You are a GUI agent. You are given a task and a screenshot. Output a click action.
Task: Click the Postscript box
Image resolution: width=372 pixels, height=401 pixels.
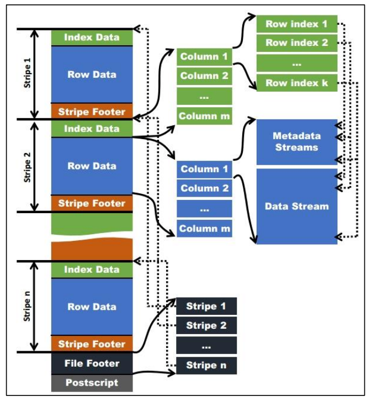(92, 382)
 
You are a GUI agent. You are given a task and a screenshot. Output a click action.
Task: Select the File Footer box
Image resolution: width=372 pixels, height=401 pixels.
(92, 363)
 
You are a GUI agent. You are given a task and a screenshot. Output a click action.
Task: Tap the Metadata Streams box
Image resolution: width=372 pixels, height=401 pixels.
(296, 142)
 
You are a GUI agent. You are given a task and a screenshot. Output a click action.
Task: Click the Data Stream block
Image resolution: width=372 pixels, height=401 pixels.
(296, 206)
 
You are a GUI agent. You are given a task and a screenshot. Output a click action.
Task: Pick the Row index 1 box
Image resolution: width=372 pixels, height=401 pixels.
(296, 24)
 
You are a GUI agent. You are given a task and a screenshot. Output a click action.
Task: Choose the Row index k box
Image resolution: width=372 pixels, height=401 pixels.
(296, 83)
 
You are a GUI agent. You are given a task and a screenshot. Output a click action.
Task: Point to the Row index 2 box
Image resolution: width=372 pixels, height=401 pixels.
(296, 43)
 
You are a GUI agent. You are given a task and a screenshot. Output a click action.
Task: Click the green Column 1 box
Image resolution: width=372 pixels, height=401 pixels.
(204, 56)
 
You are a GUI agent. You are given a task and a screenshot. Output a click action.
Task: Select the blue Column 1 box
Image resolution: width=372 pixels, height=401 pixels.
(204, 169)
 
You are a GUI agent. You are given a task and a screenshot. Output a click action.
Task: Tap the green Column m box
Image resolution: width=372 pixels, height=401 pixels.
(204, 116)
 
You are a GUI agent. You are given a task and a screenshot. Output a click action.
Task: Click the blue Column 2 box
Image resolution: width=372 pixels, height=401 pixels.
(204, 188)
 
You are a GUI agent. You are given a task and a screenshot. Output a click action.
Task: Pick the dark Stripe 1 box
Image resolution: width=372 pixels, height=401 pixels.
(206, 306)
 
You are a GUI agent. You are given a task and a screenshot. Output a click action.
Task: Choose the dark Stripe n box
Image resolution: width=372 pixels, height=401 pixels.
(206, 365)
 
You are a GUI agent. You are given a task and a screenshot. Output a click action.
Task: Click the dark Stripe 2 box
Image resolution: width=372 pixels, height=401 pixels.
(206, 325)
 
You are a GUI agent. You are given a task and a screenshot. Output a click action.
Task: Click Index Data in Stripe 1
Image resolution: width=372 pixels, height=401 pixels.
(92, 38)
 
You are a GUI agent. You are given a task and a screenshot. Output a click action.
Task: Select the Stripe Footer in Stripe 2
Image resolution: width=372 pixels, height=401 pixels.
(92, 203)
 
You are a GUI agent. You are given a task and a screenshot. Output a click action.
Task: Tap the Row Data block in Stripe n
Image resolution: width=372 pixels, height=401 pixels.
(92, 307)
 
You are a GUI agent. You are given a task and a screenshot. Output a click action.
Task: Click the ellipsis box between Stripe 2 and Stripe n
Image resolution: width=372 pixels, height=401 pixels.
(206, 345)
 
